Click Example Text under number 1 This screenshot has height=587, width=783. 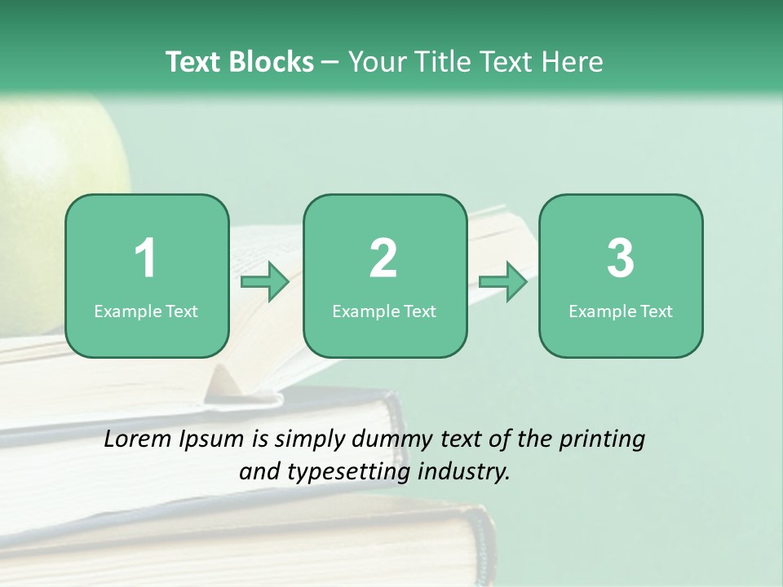pos(146,311)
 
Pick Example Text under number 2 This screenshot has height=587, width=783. pos(384,311)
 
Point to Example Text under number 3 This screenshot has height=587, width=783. pos(621,311)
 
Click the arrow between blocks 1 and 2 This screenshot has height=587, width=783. pos(265,282)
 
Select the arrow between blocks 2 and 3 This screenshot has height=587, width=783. pos(503,282)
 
